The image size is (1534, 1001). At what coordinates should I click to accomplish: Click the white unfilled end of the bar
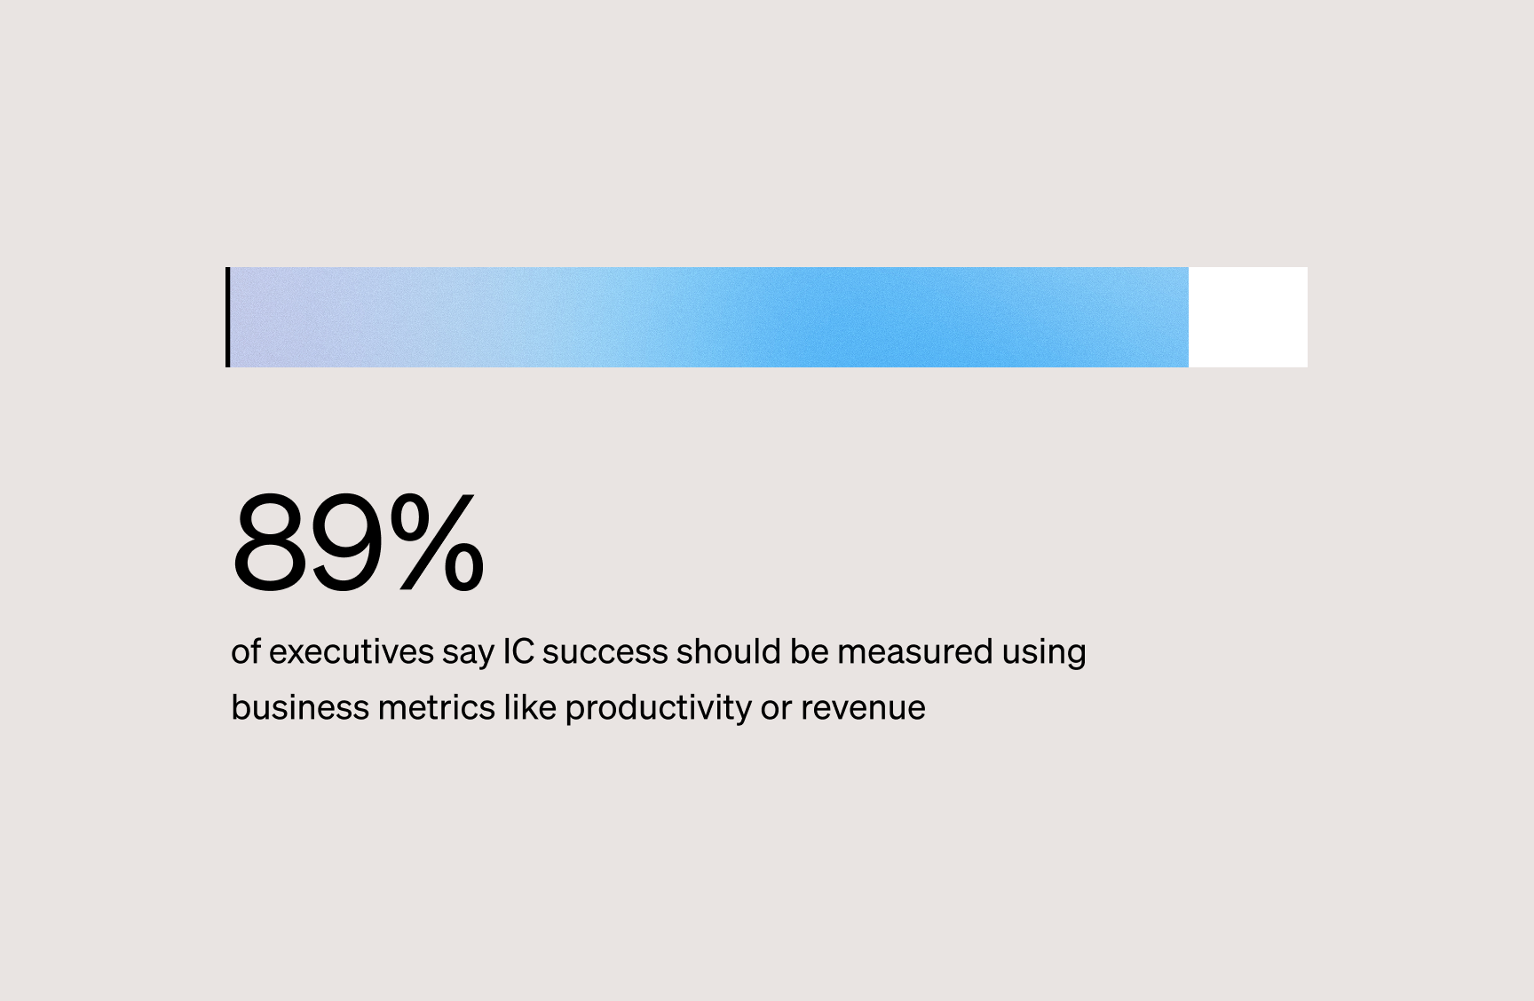[x=1247, y=317]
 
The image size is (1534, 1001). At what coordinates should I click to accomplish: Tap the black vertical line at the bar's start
[x=228, y=317]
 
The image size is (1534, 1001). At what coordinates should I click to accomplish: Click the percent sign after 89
[x=437, y=542]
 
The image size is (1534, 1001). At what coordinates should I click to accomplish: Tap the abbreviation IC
[x=518, y=651]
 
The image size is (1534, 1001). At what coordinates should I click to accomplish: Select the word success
[x=605, y=652]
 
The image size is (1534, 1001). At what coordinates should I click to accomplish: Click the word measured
[x=914, y=652]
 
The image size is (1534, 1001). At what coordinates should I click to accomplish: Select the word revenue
[x=863, y=709]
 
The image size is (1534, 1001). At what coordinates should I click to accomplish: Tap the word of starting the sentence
[x=246, y=652]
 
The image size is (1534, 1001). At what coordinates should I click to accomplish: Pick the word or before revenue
[x=776, y=709]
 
